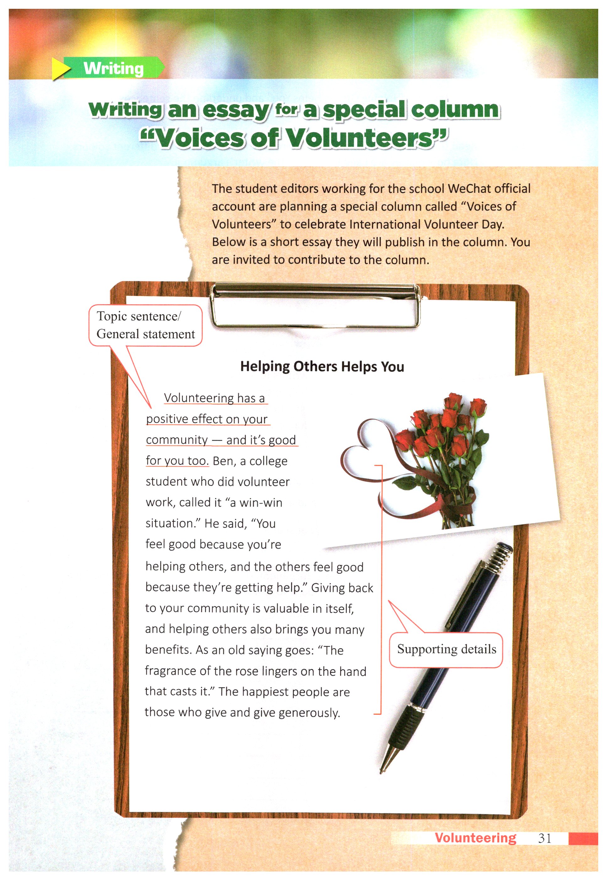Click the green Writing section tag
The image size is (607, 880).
113,68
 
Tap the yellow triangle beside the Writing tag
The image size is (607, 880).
60,69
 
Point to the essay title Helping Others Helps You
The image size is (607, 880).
322,366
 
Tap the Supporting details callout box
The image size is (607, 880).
446,649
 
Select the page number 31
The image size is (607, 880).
545,838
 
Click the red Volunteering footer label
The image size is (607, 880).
475,838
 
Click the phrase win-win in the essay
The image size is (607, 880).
261,503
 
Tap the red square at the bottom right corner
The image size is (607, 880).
583,839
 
